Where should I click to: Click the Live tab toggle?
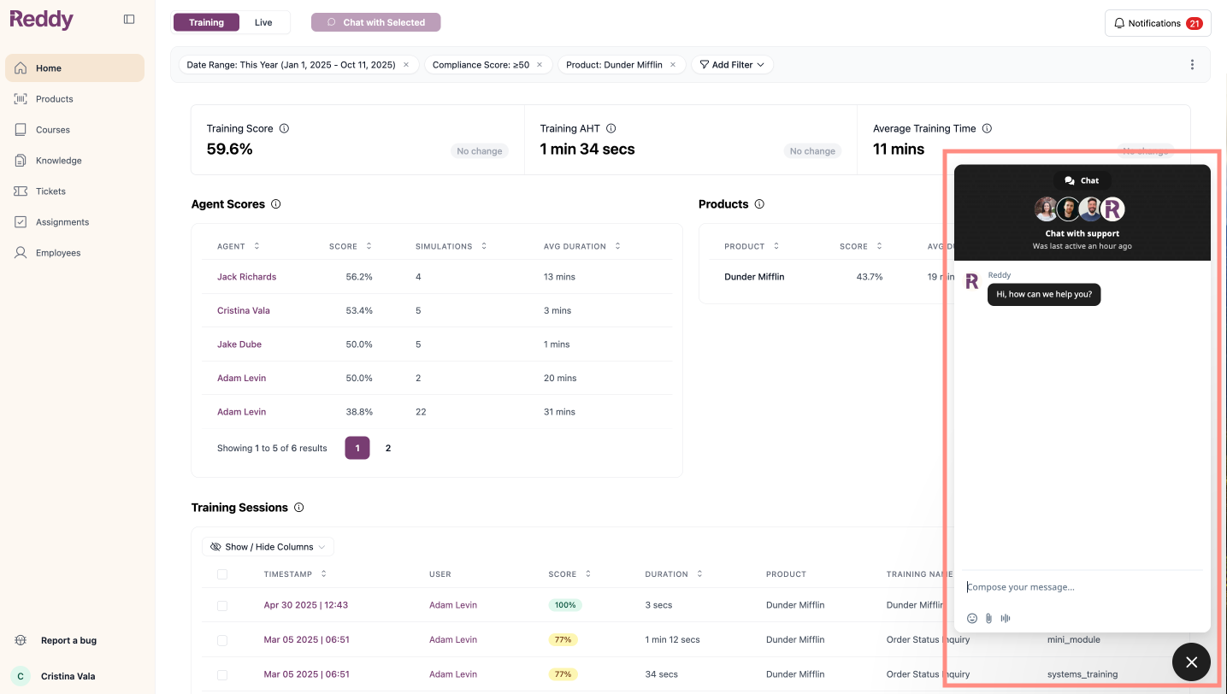pyautogui.click(x=263, y=22)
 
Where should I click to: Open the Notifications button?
pyautogui.click(x=1158, y=23)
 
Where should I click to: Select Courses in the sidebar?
pyautogui.click(x=53, y=130)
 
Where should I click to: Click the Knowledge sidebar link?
pyautogui.click(x=58, y=161)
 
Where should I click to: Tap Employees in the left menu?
pyautogui.click(x=58, y=253)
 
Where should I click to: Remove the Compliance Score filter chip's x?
pyautogui.click(x=540, y=65)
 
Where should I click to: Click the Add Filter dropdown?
pyautogui.click(x=732, y=65)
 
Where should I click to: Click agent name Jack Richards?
pyautogui.click(x=246, y=277)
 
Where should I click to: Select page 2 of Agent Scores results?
pyautogui.click(x=388, y=448)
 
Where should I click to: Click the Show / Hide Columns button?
pyautogui.click(x=268, y=547)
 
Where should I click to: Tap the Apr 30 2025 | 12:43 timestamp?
pyautogui.click(x=305, y=605)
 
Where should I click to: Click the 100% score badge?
pyautogui.click(x=565, y=605)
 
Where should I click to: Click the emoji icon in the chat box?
pyautogui.click(x=971, y=618)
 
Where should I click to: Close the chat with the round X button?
pyautogui.click(x=1191, y=662)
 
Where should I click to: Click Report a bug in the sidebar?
pyautogui.click(x=68, y=641)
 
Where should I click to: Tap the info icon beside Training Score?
pyautogui.click(x=284, y=128)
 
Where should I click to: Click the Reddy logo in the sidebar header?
pyautogui.click(x=42, y=20)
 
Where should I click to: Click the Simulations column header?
pyautogui.click(x=444, y=246)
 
